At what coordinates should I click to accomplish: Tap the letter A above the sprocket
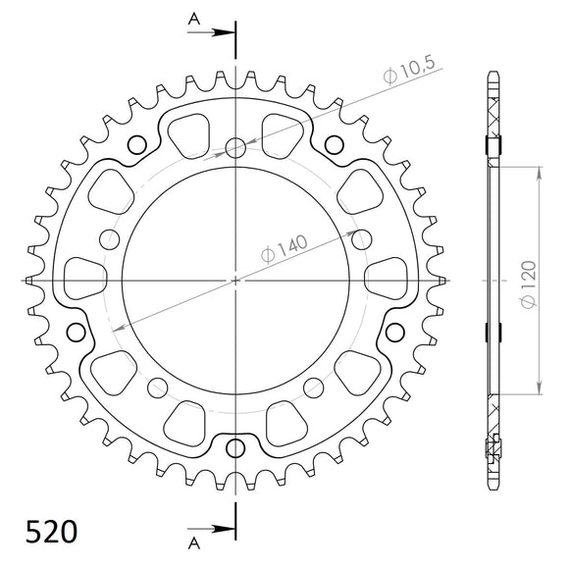coord(194,18)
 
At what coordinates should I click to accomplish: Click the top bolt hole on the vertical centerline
coord(235,148)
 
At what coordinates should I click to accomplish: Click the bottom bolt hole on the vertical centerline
coord(235,450)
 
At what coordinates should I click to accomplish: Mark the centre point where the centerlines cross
coord(235,281)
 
